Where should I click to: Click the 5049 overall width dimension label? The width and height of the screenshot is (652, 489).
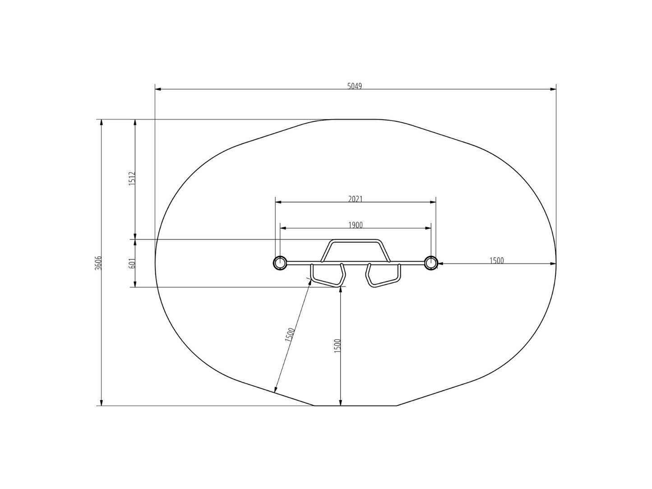click(354, 86)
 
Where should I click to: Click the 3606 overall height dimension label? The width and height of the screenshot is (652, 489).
click(98, 263)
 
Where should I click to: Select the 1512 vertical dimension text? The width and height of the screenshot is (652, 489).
click(132, 179)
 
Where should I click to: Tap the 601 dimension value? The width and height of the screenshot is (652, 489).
click(132, 263)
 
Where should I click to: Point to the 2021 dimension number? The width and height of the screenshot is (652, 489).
click(355, 199)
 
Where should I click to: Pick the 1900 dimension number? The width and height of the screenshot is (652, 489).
click(355, 225)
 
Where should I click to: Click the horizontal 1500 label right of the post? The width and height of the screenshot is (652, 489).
click(496, 260)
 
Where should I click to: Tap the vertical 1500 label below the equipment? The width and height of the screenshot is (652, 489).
click(337, 346)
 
